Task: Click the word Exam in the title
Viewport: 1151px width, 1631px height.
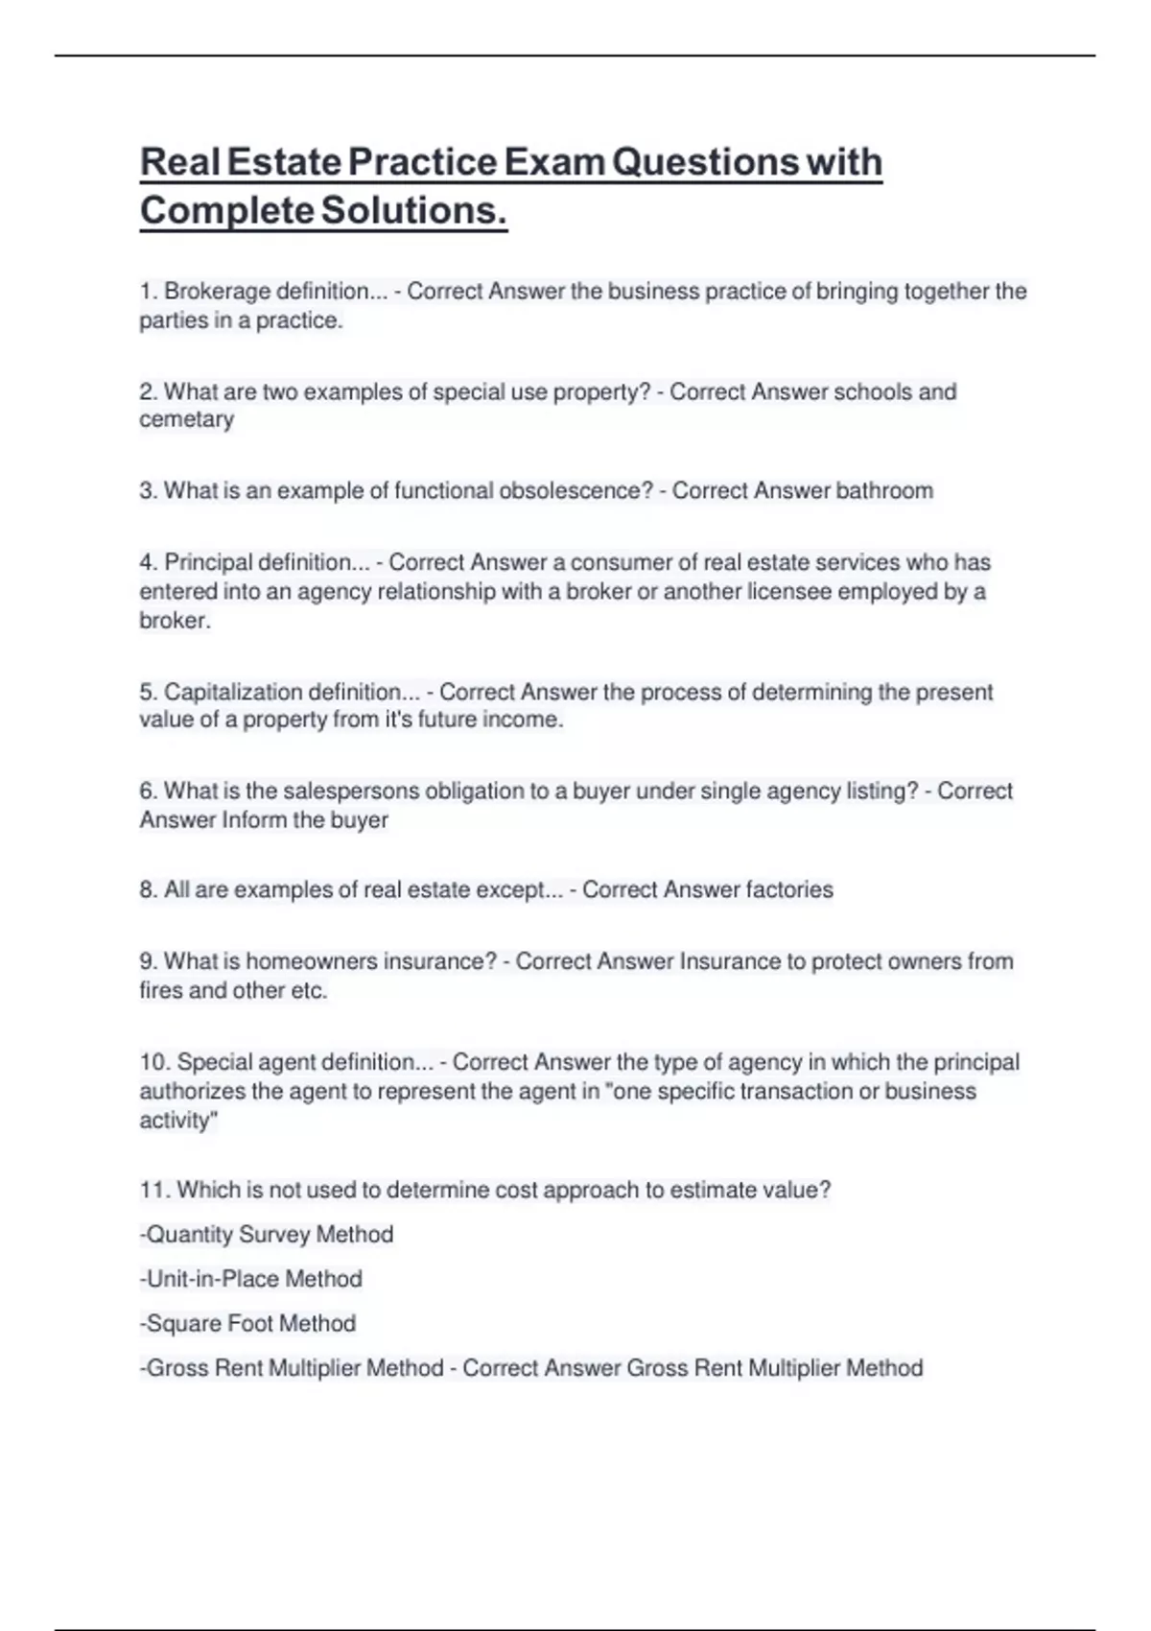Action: pyautogui.click(x=554, y=161)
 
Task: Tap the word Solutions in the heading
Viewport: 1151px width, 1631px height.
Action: pyautogui.click(x=413, y=210)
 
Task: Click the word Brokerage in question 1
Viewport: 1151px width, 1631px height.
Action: pyautogui.click(x=217, y=291)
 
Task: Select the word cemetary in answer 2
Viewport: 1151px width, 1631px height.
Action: pyautogui.click(x=186, y=419)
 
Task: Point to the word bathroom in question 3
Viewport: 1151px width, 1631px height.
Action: pyautogui.click(x=883, y=490)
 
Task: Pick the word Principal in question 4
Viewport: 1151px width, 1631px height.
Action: pyautogui.click(x=208, y=562)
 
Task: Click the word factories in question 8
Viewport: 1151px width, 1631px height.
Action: pyautogui.click(x=789, y=889)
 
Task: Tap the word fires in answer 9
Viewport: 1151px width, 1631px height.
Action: pyautogui.click(x=160, y=990)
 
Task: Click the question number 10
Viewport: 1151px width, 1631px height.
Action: pyautogui.click(x=154, y=1062)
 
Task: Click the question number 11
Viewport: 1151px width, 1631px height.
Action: pyautogui.click(x=154, y=1190)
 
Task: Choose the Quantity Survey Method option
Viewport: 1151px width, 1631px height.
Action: pyautogui.click(x=268, y=1234)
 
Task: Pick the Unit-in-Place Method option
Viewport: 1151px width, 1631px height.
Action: pyautogui.click(x=252, y=1279)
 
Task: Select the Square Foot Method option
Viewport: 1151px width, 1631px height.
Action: pyautogui.click(x=248, y=1323)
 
